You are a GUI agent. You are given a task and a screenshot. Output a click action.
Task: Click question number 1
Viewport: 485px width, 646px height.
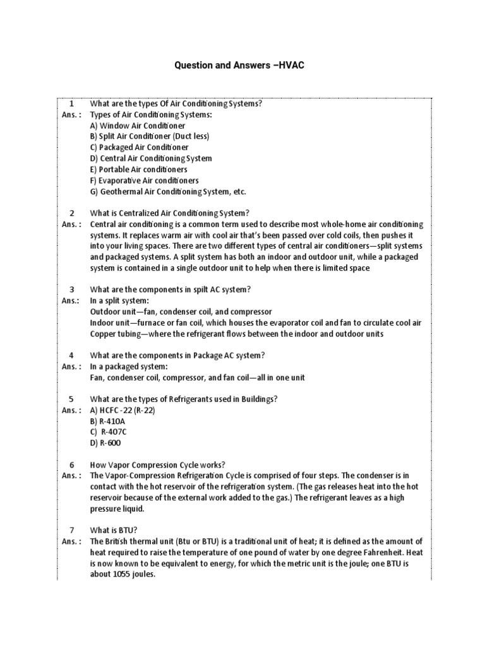coord(72,103)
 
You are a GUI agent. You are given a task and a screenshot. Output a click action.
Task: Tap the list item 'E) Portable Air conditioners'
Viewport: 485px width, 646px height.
coord(138,170)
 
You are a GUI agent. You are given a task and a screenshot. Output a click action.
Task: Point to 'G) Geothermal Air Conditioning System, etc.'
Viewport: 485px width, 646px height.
coord(168,192)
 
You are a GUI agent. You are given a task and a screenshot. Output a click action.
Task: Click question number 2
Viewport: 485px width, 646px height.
coord(72,213)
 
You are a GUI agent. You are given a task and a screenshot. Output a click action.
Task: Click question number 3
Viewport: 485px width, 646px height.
coord(72,290)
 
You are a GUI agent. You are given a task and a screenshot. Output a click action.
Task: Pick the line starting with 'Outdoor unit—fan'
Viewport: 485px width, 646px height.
coord(181,312)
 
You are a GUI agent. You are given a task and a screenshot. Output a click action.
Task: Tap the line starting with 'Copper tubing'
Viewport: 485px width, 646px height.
coord(236,334)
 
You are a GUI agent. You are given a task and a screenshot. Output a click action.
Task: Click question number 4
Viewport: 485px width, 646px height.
coord(72,355)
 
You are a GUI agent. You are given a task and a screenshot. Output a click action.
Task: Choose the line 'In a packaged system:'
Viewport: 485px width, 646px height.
coord(128,367)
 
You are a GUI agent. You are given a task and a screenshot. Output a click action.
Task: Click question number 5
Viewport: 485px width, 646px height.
coord(72,399)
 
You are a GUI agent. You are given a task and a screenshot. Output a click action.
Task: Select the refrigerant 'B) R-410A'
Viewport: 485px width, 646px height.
coord(108,421)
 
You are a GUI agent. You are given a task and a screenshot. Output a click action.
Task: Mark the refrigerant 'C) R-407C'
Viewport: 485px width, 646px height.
coord(109,432)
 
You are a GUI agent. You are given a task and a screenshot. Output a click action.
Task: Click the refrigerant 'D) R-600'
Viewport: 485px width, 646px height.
coord(104,443)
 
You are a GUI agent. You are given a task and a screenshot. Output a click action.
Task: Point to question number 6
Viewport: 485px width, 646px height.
coord(72,465)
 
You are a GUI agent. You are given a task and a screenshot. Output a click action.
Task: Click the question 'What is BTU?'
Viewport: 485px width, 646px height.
coord(114,531)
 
